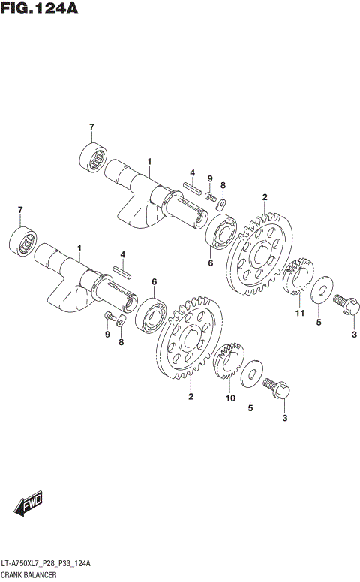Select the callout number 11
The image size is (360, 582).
point(299,313)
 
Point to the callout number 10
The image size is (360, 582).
point(230,397)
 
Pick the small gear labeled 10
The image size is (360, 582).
point(229,363)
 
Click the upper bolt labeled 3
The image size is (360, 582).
point(346,305)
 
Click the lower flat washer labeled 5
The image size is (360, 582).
point(254,373)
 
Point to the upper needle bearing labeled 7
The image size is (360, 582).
point(94,157)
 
